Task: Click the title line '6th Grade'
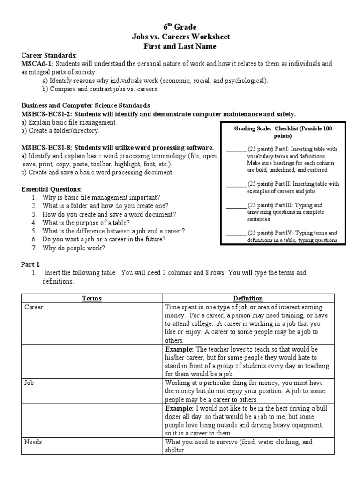coord(180,27)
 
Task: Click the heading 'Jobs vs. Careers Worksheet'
coord(180,37)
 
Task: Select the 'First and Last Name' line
coord(180,46)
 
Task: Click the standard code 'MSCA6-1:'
coord(37,63)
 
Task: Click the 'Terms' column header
coord(92,299)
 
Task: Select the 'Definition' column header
coord(248,299)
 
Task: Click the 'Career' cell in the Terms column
coord(34,307)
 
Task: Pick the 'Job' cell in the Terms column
coord(29,383)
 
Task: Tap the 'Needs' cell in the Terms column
coord(32,442)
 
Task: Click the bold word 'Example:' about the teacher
coord(180,350)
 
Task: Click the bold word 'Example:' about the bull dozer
coord(180,409)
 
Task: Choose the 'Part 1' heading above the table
coord(31,264)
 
